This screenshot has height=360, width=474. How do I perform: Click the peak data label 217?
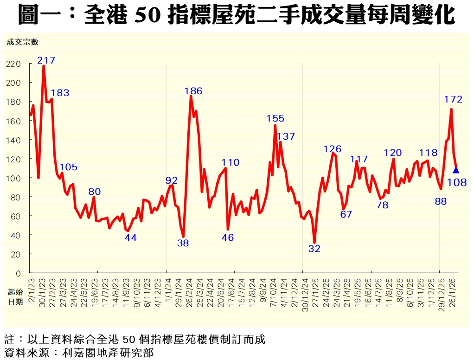coord(46,60)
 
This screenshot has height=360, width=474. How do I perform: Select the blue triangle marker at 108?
coord(456,170)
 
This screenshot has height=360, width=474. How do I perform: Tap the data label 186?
coord(193,91)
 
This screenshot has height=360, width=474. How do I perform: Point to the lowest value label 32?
coord(314,249)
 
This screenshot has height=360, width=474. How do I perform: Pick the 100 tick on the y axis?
coord(15,178)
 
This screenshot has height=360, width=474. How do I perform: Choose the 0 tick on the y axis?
coord(19,274)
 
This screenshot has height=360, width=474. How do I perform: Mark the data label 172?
coord(453,99)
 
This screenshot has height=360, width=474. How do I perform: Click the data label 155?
coord(275,118)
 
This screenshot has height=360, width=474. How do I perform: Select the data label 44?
coord(130,238)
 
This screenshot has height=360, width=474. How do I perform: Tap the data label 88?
coord(441,201)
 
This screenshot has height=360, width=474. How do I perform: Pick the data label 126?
coord(333,149)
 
